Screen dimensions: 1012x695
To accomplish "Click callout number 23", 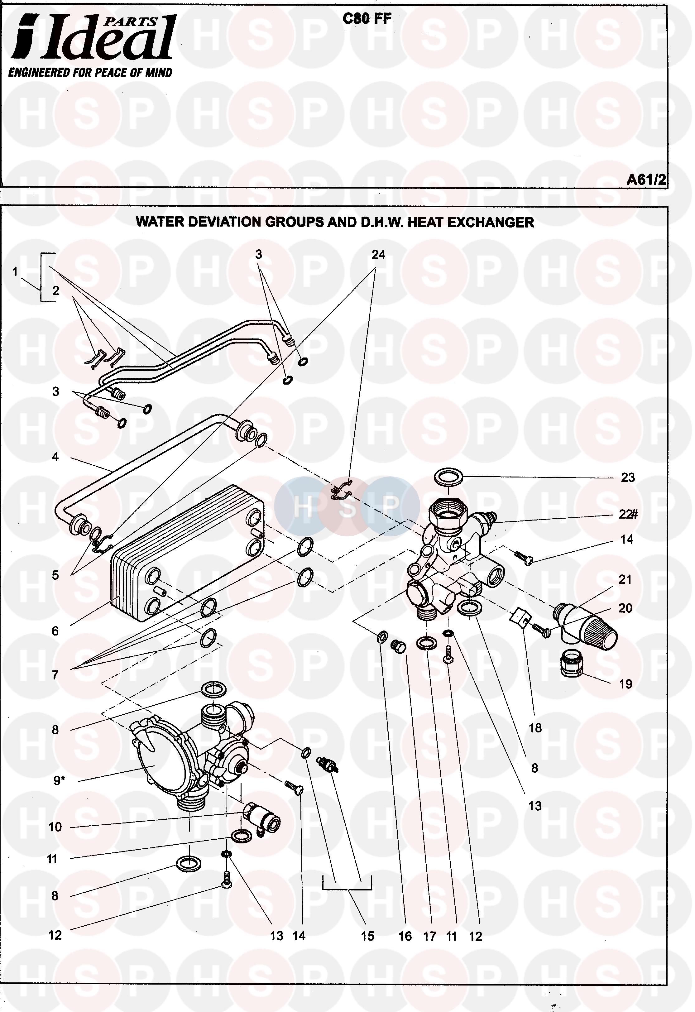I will pos(627,478).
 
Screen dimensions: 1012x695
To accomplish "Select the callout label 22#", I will pos(628,514).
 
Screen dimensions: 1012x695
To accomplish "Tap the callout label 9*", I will pos(59,781).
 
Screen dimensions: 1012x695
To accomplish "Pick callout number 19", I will pos(625,684).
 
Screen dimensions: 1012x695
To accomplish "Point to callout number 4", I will pos(55,457).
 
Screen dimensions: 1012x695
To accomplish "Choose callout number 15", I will pos(367,936).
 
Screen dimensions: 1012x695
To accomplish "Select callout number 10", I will pos(55,827).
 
